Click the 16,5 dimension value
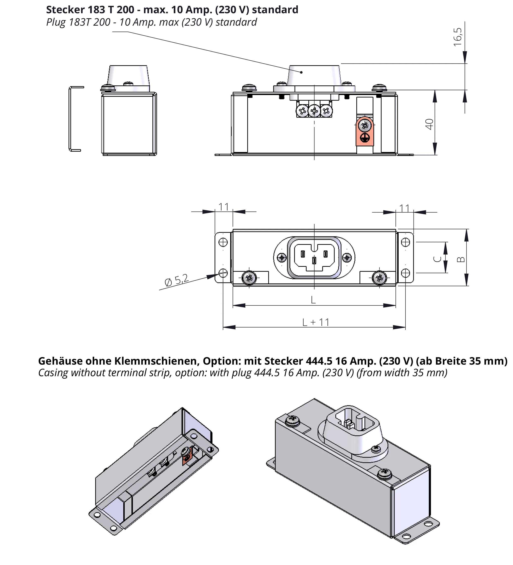tap(458, 37)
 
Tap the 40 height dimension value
tap(429, 124)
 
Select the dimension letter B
tap(461, 260)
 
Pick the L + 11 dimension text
tap(316, 322)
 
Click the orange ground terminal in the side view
tap(364, 132)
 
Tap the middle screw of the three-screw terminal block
tap(314, 111)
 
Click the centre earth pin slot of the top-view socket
tap(315, 261)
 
